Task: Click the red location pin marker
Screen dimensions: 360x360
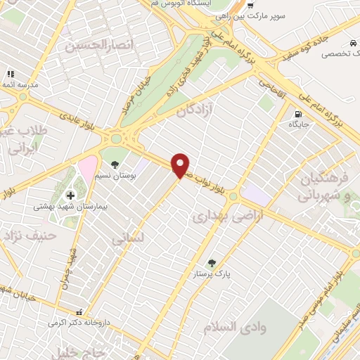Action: tap(181, 165)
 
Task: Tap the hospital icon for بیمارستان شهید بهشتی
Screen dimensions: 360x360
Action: tap(70, 195)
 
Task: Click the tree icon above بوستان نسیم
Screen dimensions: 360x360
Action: tap(115, 146)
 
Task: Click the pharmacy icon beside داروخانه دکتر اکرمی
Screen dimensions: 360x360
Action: tap(79, 311)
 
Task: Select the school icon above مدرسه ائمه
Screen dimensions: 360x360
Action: tap(11, 74)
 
